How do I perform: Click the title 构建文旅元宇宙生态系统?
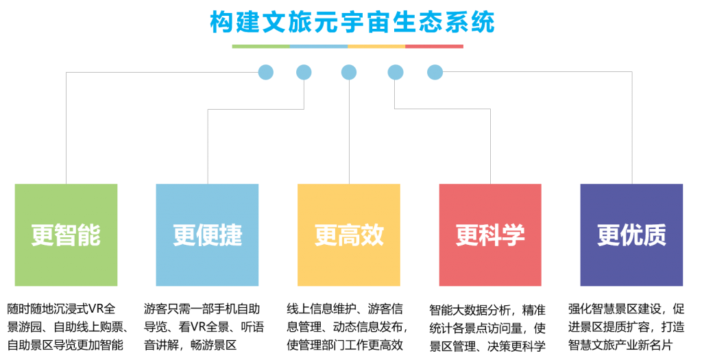352,22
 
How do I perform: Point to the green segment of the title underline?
261,47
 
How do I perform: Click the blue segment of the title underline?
319,47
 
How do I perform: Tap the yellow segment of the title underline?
376,47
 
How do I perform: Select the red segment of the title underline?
434,47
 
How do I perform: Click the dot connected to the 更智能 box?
265,72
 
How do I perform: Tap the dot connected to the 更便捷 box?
304,72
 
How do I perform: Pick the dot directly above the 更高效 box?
349,72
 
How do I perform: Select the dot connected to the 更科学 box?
395,72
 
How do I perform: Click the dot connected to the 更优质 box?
435,72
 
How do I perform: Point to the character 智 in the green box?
66,235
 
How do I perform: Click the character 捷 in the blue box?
231,235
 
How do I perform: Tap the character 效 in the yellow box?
372,235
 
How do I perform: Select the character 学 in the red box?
513,235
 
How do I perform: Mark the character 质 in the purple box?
655,235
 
